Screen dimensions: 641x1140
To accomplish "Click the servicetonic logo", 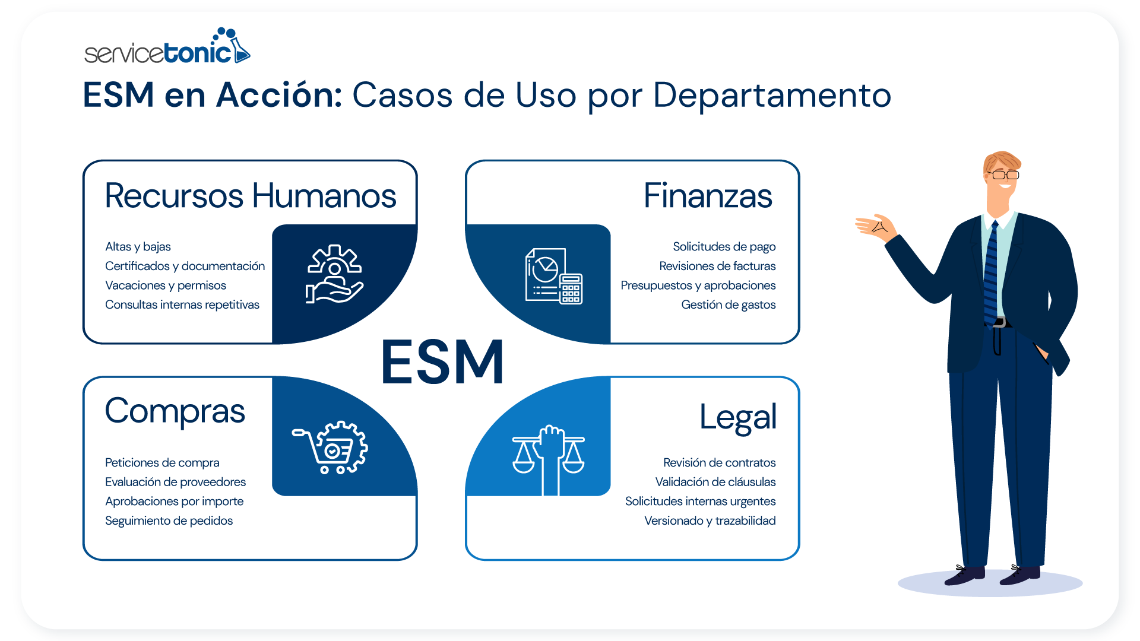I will [167, 47].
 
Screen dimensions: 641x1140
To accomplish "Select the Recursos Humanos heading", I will [250, 196].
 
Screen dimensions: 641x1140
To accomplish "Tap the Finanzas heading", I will [708, 196].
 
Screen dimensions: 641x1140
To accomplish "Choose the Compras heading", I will [175, 411].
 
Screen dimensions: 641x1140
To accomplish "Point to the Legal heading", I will [737, 417].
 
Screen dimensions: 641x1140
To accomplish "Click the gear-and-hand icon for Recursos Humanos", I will [334, 274].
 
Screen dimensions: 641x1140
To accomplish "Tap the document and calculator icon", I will [553, 276].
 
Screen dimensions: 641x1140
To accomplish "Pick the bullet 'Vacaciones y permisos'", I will [166, 285].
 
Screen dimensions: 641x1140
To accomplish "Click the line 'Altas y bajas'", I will [138, 247].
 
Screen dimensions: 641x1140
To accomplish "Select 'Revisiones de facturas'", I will [717, 266].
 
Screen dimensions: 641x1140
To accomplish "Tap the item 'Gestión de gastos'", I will [728, 305].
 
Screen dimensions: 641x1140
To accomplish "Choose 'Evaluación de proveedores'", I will [175, 482].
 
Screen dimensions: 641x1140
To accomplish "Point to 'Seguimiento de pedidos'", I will [169, 521].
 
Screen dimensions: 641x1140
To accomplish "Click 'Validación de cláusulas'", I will [715, 482].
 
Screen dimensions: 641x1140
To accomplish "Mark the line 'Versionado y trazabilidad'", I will [710, 521].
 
